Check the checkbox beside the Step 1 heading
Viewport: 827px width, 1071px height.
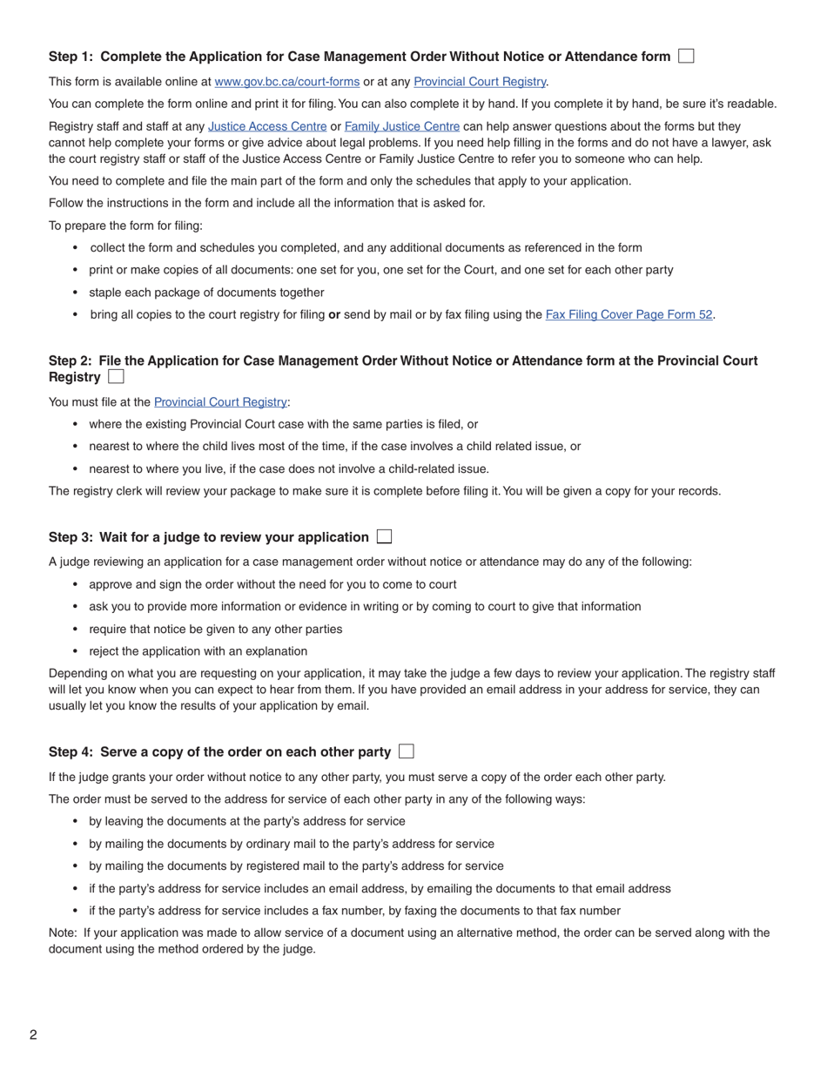click(x=686, y=57)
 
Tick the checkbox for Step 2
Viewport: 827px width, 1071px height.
click(x=116, y=377)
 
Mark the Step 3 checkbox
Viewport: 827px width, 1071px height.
click(x=384, y=537)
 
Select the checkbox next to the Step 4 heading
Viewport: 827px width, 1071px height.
click(x=406, y=751)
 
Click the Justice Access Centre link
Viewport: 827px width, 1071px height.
click(x=267, y=126)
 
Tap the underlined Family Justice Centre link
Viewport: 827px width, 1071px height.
click(x=401, y=126)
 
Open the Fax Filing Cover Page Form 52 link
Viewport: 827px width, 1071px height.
click(x=629, y=315)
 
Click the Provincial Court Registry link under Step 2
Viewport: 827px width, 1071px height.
click(x=220, y=402)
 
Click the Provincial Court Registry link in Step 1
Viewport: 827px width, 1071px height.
click(x=480, y=82)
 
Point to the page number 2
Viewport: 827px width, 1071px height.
click(x=33, y=1035)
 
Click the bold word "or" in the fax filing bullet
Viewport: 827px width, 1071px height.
click(x=333, y=315)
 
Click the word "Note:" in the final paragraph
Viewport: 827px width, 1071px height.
click(x=63, y=933)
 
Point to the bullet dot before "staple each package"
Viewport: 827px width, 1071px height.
click(x=76, y=293)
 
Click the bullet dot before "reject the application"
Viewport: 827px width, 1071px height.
click(x=76, y=651)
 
